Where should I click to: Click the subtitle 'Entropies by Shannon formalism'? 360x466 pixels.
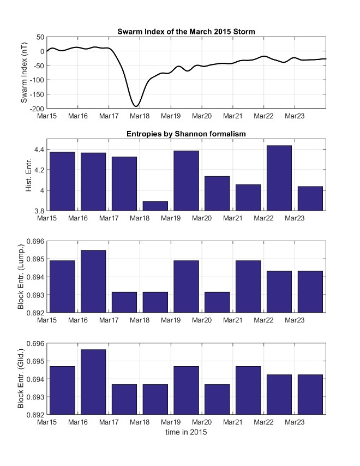(x=186, y=134)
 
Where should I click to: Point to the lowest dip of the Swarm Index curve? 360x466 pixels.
(x=136, y=106)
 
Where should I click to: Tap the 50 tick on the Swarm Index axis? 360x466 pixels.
(x=40, y=37)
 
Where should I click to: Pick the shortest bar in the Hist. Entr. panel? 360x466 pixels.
(x=155, y=206)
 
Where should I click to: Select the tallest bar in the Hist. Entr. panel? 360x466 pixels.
(x=279, y=178)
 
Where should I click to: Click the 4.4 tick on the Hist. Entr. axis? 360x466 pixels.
(x=39, y=149)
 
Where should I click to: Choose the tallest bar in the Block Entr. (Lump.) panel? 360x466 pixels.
(x=93, y=281)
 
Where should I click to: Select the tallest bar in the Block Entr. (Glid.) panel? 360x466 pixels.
(x=93, y=382)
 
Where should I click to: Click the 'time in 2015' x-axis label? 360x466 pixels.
(x=186, y=433)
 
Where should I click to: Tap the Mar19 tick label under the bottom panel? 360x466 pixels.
(x=171, y=422)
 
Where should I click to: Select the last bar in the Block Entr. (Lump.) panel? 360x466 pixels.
(x=310, y=292)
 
